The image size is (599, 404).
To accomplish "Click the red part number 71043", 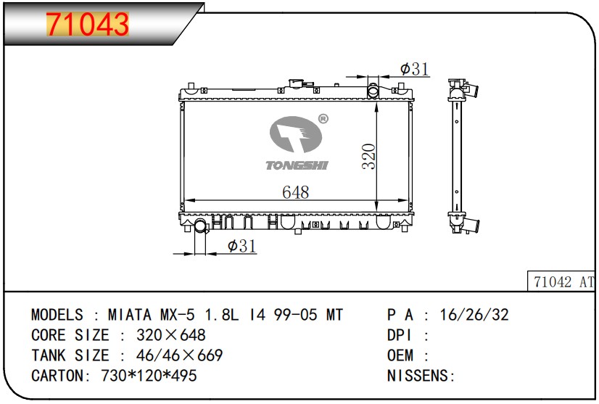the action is pyautogui.click(x=88, y=24).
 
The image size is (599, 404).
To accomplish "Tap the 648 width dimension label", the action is pyautogui.click(x=296, y=192).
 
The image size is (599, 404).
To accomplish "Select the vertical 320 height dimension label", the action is pyautogui.click(x=369, y=157).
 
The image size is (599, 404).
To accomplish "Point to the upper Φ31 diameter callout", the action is pyautogui.click(x=415, y=69).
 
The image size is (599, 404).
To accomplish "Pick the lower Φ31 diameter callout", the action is pyautogui.click(x=241, y=246).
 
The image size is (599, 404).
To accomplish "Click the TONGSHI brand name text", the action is pyautogui.click(x=297, y=165).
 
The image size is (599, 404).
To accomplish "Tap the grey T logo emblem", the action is pyautogui.click(x=296, y=133).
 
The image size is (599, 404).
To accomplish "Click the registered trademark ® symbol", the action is pyautogui.click(x=323, y=119).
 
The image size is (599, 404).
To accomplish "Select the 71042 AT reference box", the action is pyautogui.click(x=561, y=281).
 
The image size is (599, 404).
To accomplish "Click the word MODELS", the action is pyautogui.click(x=57, y=315).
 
